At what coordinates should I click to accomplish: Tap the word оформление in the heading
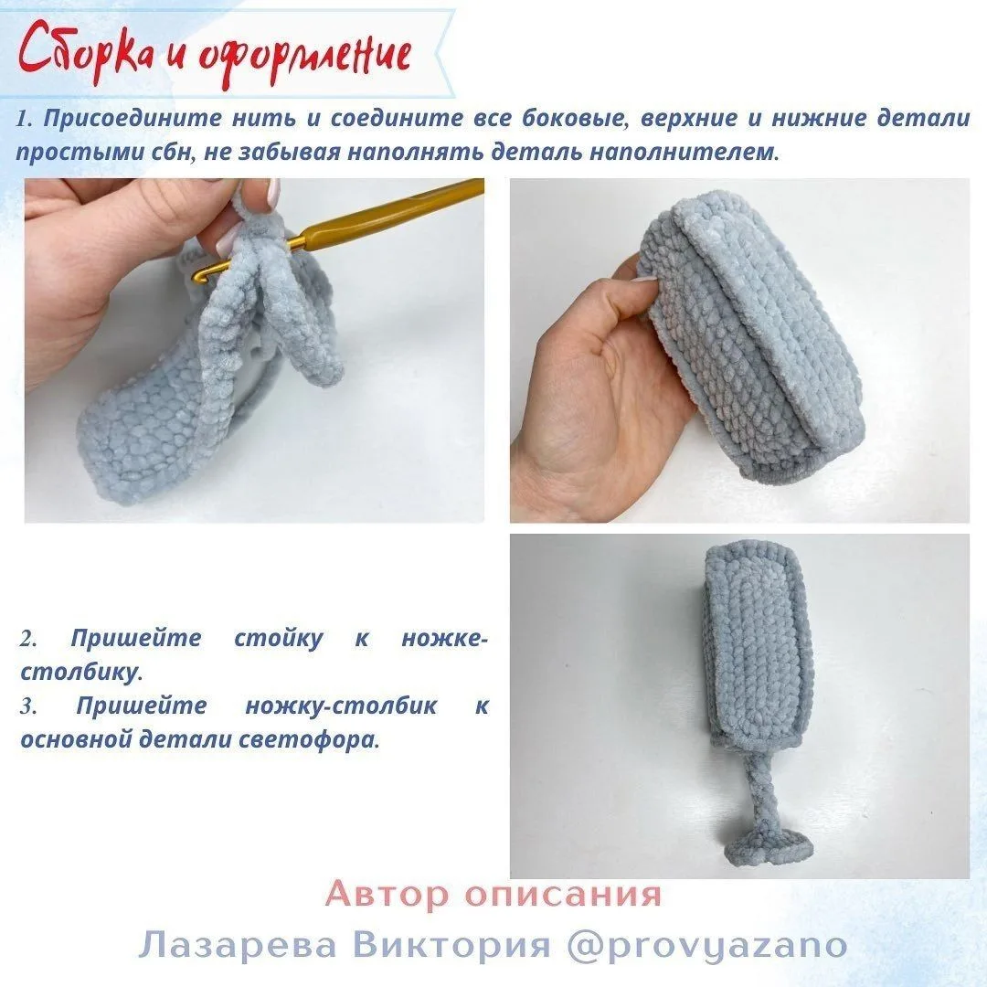pos(305,56)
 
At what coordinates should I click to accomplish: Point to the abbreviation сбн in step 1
pos(171,152)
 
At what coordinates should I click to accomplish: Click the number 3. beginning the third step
pos(28,706)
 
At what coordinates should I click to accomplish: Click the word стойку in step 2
pos(278,638)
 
